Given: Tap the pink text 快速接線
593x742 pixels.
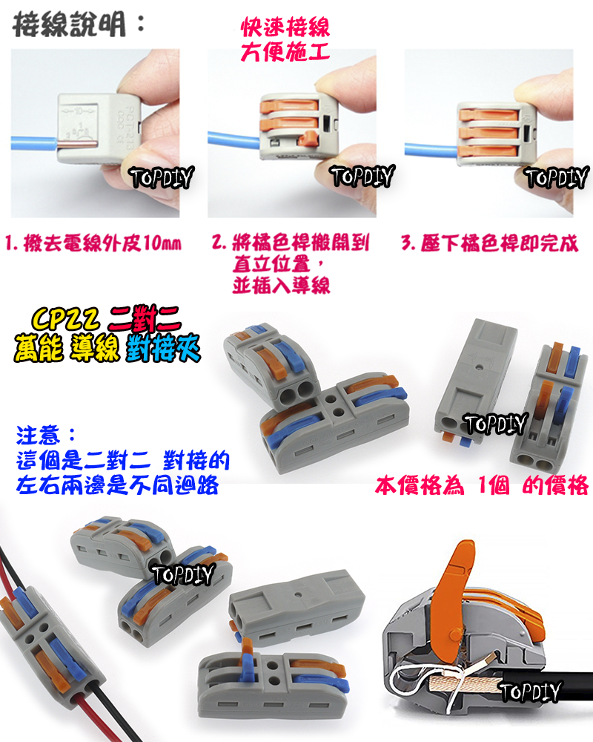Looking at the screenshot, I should coord(285,29).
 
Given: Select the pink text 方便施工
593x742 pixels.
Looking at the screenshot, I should coord(285,53).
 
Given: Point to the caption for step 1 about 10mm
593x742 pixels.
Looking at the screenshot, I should coord(94,243).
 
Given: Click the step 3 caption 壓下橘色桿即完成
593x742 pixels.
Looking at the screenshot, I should coord(489,243).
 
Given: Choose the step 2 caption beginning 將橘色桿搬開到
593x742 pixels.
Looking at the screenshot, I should coord(291,243).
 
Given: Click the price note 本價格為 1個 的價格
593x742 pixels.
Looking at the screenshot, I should coord(481,486).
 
